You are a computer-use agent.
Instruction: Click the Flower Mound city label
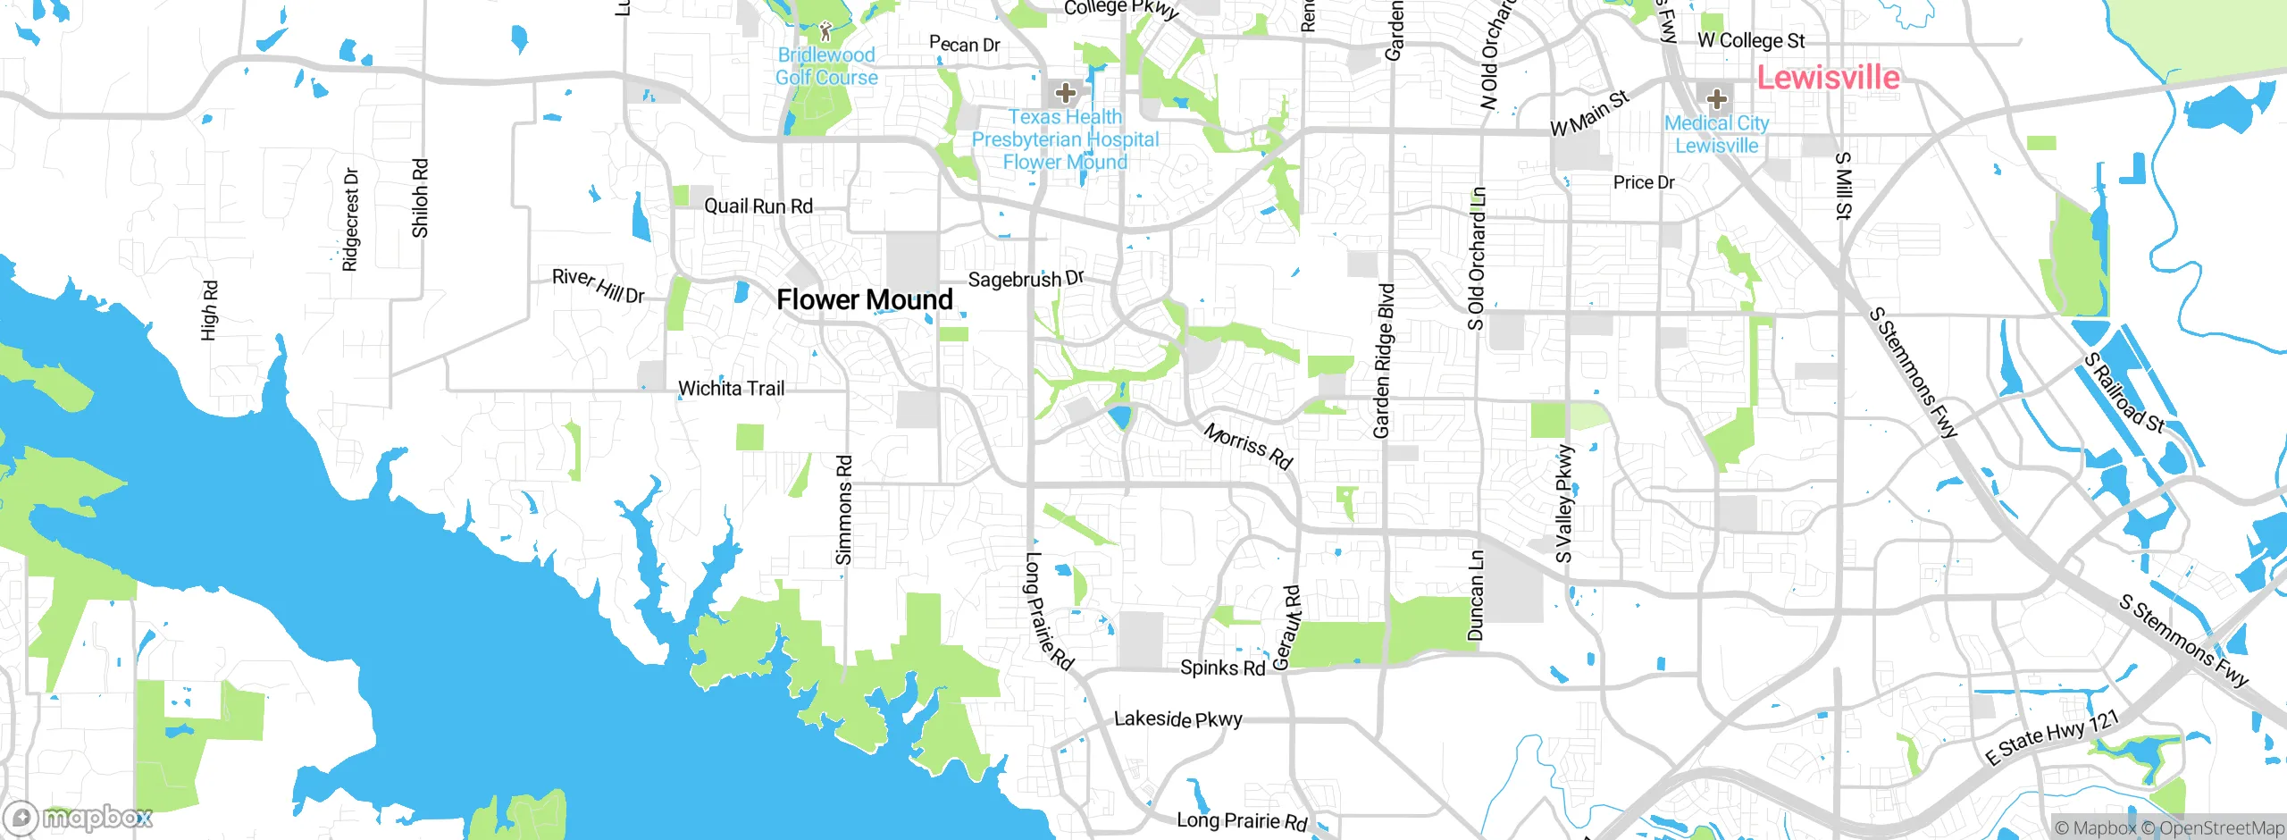[x=864, y=299]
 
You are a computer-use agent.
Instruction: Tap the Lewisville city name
[x=1828, y=78]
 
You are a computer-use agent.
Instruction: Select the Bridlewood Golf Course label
[x=826, y=66]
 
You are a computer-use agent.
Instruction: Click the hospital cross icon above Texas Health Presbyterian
[x=1065, y=92]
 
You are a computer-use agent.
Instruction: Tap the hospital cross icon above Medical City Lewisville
[x=1716, y=98]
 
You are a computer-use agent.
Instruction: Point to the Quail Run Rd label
[x=758, y=206]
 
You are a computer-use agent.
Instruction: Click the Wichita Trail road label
[x=731, y=389]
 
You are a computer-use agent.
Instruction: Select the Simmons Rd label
[x=844, y=510]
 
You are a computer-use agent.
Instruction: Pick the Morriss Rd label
[x=1248, y=446]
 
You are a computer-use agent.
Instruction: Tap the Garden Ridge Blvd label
[x=1383, y=361]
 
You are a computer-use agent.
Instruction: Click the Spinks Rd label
[x=1222, y=668]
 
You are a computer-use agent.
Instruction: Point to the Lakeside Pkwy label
[x=1177, y=719]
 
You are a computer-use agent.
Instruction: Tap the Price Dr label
[x=1644, y=182]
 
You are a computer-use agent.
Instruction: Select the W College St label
[x=1751, y=41]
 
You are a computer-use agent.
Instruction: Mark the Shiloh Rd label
[x=420, y=198]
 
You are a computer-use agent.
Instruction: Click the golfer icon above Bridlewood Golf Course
[x=825, y=32]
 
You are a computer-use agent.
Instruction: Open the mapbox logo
[x=79, y=817]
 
